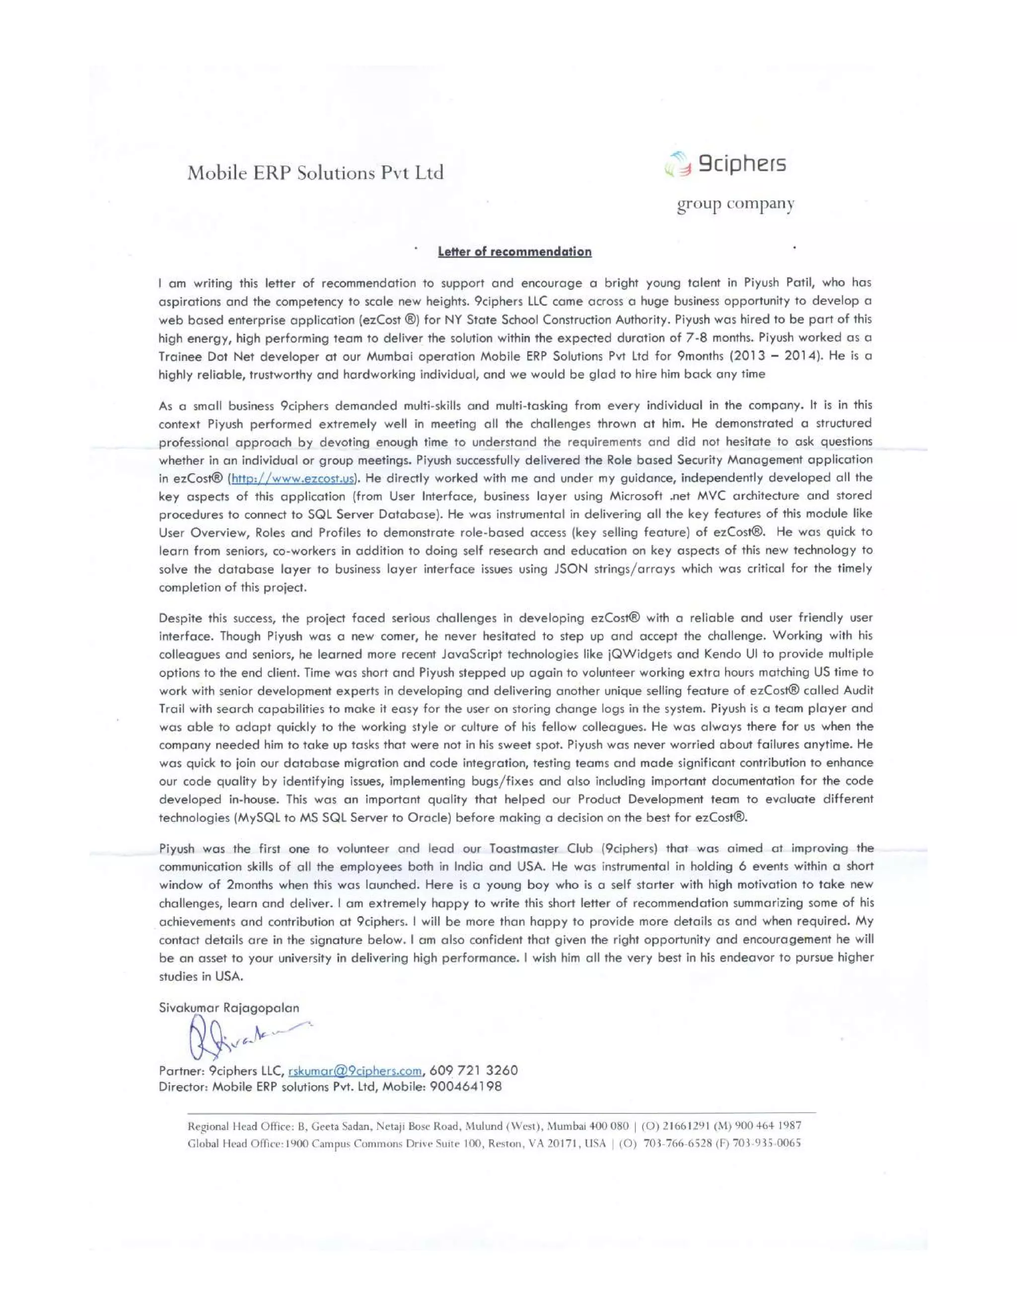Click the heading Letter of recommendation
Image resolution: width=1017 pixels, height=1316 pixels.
click(514, 252)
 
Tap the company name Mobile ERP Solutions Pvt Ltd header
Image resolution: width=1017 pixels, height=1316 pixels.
click(315, 173)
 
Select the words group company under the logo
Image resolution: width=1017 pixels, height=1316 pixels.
click(735, 205)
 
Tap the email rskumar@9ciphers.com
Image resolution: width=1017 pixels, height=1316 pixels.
click(355, 1071)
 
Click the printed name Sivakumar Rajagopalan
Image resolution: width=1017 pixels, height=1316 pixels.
click(229, 1008)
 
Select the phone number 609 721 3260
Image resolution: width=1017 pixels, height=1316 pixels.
click(474, 1070)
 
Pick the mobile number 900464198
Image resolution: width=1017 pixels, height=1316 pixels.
click(467, 1087)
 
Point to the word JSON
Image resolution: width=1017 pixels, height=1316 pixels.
click(570, 569)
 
